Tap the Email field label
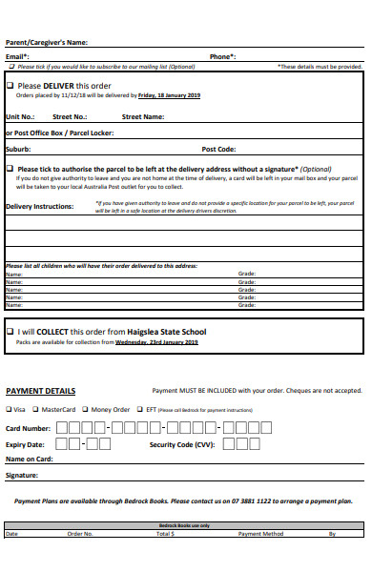(17, 56)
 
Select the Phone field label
(221, 56)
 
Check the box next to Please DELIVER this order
(10, 86)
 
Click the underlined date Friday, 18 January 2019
(169, 95)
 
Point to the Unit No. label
(20, 116)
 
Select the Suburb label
(18, 150)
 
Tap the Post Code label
(218, 150)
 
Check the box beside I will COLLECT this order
(10, 331)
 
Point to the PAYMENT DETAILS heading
(41, 391)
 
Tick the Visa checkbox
(10, 409)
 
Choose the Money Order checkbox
(85, 409)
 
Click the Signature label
(22, 474)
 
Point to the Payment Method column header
(261, 534)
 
